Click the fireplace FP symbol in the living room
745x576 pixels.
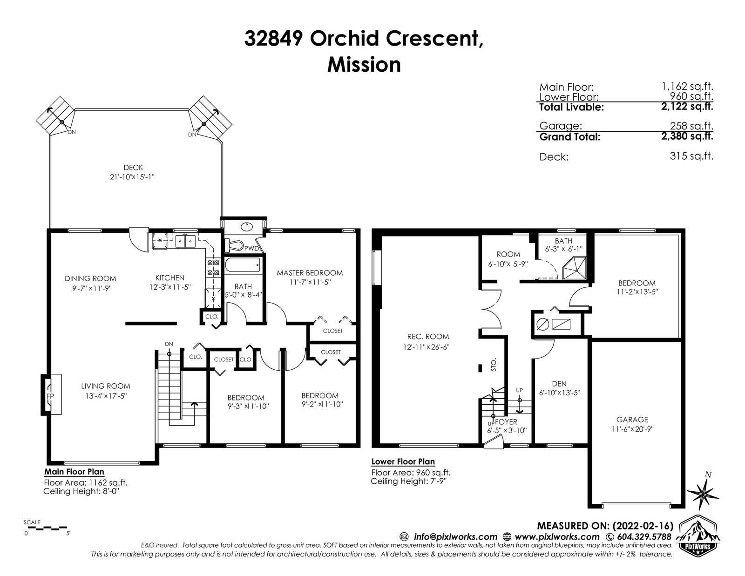coord(51,395)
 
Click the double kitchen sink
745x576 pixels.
coord(185,241)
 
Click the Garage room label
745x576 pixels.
coord(632,420)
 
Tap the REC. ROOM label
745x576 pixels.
coord(428,337)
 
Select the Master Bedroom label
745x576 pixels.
coord(310,273)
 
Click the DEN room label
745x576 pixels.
coord(559,384)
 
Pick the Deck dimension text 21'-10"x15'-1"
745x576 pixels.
coord(132,177)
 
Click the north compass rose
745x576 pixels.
coord(703,493)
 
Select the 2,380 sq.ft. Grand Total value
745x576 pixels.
coord(687,136)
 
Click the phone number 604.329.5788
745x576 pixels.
coord(644,537)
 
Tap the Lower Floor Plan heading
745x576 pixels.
coord(403,462)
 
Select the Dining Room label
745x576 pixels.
coord(90,278)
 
